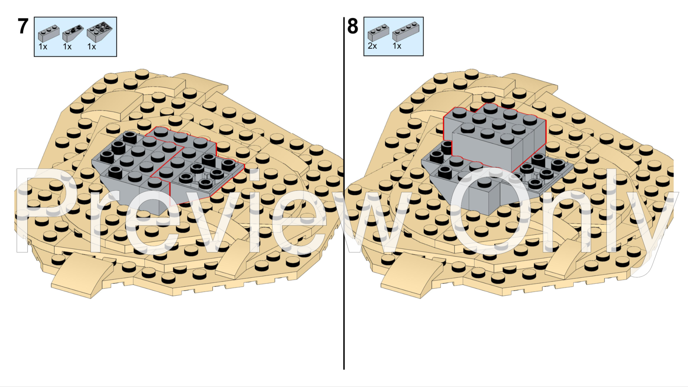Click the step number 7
pyautogui.click(x=23, y=27)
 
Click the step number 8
pyautogui.click(x=353, y=27)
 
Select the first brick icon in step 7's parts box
pyautogui.click(x=49, y=33)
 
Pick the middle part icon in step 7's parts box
pyautogui.click(x=73, y=33)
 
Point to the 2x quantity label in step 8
pyautogui.click(x=372, y=46)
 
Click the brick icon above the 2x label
pyautogui.click(x=378, y=32)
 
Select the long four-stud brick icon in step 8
pyautogui.click(x=406, y=31)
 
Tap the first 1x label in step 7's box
pyautogui.click(x=43, y=47)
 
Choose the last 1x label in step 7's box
pyautogui.click(x=92, y=47)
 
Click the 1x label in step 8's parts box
pyautogui.click(x=397, y=46)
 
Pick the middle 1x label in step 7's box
pyautogui.click(x=67, y=47)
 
